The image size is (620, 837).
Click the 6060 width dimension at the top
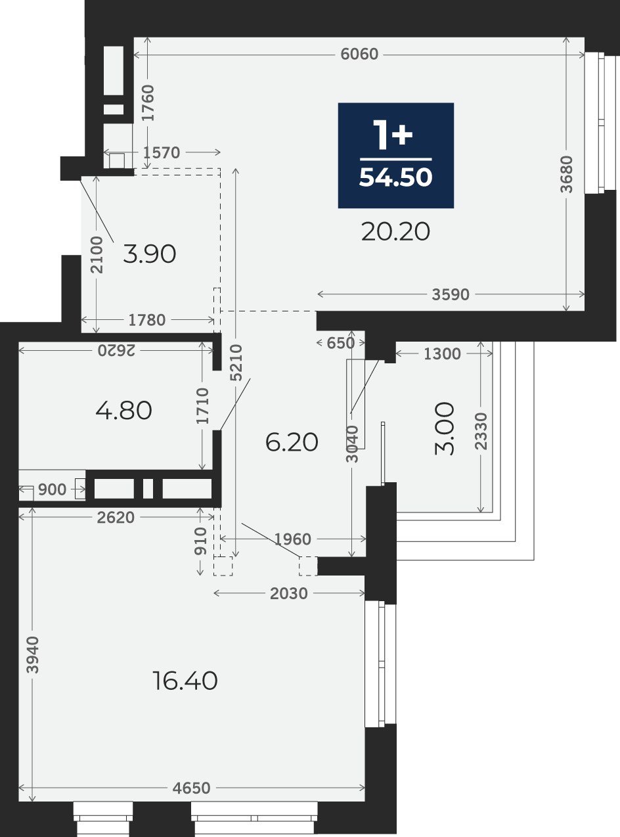pyautogui.click(x=359, y=55)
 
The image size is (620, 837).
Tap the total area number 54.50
pyautogui.click(x=395, y=177)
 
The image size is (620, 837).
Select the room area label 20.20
pyautogui.click(x=395, y=232)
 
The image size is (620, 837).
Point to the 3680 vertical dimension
pyautogui.click(x=566, y=174)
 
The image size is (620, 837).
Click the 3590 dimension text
pyautogui.click(x=451, y=294)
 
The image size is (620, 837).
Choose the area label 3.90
pyautogui.click(x=150, y=254)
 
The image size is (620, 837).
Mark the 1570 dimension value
pyautogui.click(x=162, y=153)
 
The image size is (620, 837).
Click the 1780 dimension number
pyautogui.click(x=147, y=321)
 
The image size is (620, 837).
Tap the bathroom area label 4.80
pyautogui.click(x=123, y=411)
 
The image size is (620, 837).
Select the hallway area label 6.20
pyautogui.click(x=292, y=442)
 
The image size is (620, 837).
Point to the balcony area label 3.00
pyautogui.click(x=445, y=429)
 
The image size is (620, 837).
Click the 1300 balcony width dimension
pyautogui.click(x=442, y=354)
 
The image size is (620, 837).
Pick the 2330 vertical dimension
pyautogui.click(x=481, y=432)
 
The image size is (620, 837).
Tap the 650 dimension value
pyautogui.click(x=340, y=343)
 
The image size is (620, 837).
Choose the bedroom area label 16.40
pyautogui.click(x=185, y=681)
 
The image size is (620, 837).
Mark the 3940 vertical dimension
pyautogui.click(x=33, y=655)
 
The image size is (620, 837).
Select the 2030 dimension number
pyautogui.click(x=289, y=594)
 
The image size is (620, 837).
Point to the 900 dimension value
pyautogui.click(x=52, y=490)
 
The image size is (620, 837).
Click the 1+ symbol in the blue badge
pyautogui.click(x=393, y=135)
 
